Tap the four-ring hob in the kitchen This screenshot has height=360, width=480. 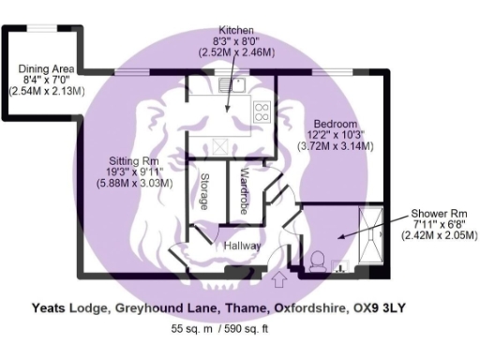click(262, 112)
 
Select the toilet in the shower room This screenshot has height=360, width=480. click(317, 259)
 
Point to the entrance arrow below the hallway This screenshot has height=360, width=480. click(277, 279)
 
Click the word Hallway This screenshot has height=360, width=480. click(241, 246)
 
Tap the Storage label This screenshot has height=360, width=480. click(202, 191)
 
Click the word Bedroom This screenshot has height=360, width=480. click(335, 125)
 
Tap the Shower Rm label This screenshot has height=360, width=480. click(433, 214)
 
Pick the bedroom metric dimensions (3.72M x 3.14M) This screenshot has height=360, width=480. click(335, 146)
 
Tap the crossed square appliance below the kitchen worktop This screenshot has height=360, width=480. click(221, 147)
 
